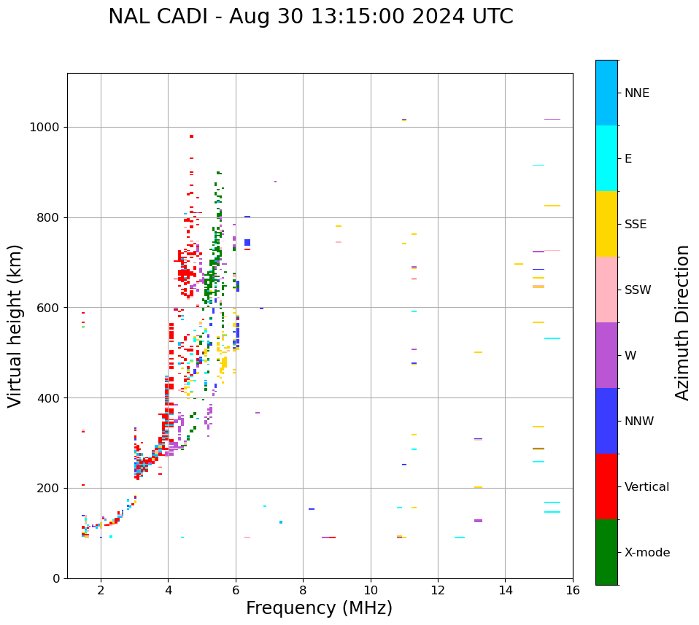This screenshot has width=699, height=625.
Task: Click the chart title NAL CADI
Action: [310, 17]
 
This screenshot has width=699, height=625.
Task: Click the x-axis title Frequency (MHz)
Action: [319, 608]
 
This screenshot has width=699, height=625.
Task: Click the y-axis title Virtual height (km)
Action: [15, 325]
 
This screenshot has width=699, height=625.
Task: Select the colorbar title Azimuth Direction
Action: [682, 322]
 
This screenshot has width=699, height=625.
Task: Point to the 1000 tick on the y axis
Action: [49, 127]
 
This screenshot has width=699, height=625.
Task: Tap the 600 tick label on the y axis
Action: [52, 308]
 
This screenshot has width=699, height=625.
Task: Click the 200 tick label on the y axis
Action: [52, 488]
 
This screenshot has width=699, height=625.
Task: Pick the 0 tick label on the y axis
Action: [58, 578]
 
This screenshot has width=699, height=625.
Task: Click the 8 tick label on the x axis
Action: [303, 590]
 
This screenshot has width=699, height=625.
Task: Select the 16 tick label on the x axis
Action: [573, 590]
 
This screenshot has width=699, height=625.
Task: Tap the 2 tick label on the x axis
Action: [101, 590]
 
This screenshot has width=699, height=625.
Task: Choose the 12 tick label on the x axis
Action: [438, 590]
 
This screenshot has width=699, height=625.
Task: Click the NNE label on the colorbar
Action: [636, 93]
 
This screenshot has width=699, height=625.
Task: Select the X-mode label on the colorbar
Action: [646, 553]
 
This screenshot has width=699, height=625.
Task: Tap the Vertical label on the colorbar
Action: [646, 487]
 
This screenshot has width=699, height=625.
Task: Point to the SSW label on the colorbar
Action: [638, 290]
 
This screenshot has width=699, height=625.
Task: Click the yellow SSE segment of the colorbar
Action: [606, 224]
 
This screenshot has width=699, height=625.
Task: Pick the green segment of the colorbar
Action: [606, 552]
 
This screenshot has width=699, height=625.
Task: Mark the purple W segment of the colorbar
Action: [606, 355]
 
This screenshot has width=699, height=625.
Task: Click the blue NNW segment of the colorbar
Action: [606, 421]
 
